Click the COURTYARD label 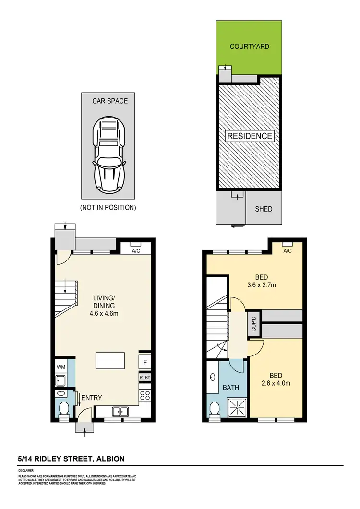click(249, 47)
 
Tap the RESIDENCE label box click(249, 136)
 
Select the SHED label click(264, 209)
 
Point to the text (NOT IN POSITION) click(108, 208)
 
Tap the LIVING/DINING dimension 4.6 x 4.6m click(104, 314)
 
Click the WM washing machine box click(61, 367)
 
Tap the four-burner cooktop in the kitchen click(144, 396)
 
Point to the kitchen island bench click(110, 360)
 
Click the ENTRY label click(91, 398)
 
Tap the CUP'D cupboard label click(254, 323)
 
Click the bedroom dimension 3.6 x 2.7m click(261, 285)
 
